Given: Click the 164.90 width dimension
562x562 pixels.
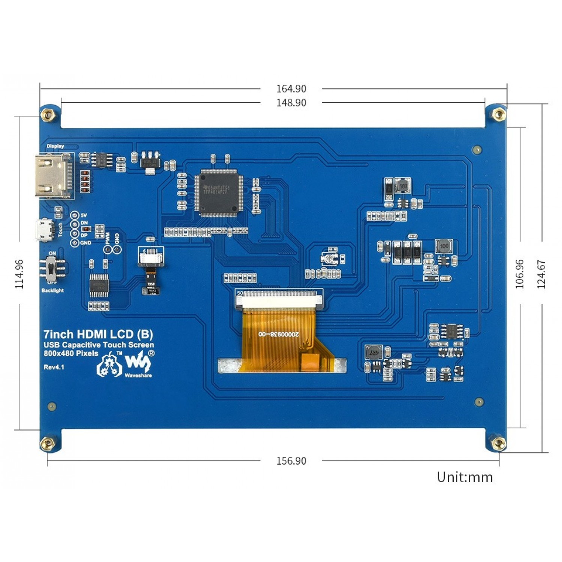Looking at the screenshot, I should point(291,89).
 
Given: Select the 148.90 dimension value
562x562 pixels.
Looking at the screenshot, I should point(291,103).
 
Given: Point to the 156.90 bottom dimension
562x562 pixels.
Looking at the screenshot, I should point(291,461).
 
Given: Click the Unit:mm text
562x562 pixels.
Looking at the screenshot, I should point(465,477).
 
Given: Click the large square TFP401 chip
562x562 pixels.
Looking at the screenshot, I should point(219,192).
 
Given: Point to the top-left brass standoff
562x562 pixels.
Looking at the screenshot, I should point(48,114).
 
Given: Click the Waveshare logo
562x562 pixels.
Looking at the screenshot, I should point(138,363).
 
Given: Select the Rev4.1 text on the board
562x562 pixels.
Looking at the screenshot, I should point(54,367).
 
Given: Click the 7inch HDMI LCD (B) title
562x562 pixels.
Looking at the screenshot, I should point(98,334).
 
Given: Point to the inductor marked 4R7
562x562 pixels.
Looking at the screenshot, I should point(374,353).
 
